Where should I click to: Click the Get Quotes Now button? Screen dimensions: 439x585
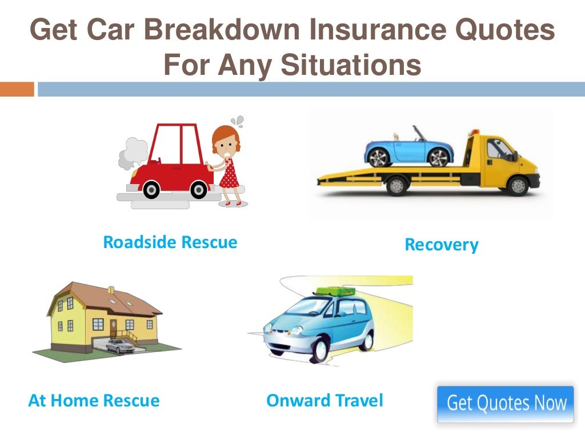tap(505, 404)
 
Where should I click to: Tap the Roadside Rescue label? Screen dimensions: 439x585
tap(170, 242)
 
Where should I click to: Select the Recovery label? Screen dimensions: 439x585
tap(441, 245)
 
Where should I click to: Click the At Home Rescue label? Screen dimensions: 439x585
tap(94, 401)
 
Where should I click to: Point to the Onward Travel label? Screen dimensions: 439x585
tap(324, 401)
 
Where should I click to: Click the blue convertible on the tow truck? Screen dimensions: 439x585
tap(408, 148)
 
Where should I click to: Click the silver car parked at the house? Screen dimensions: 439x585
tap(119, 345)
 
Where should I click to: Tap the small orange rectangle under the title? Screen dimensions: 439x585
tap(17, 89)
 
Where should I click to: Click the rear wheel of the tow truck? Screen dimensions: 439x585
tap(395, 186)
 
